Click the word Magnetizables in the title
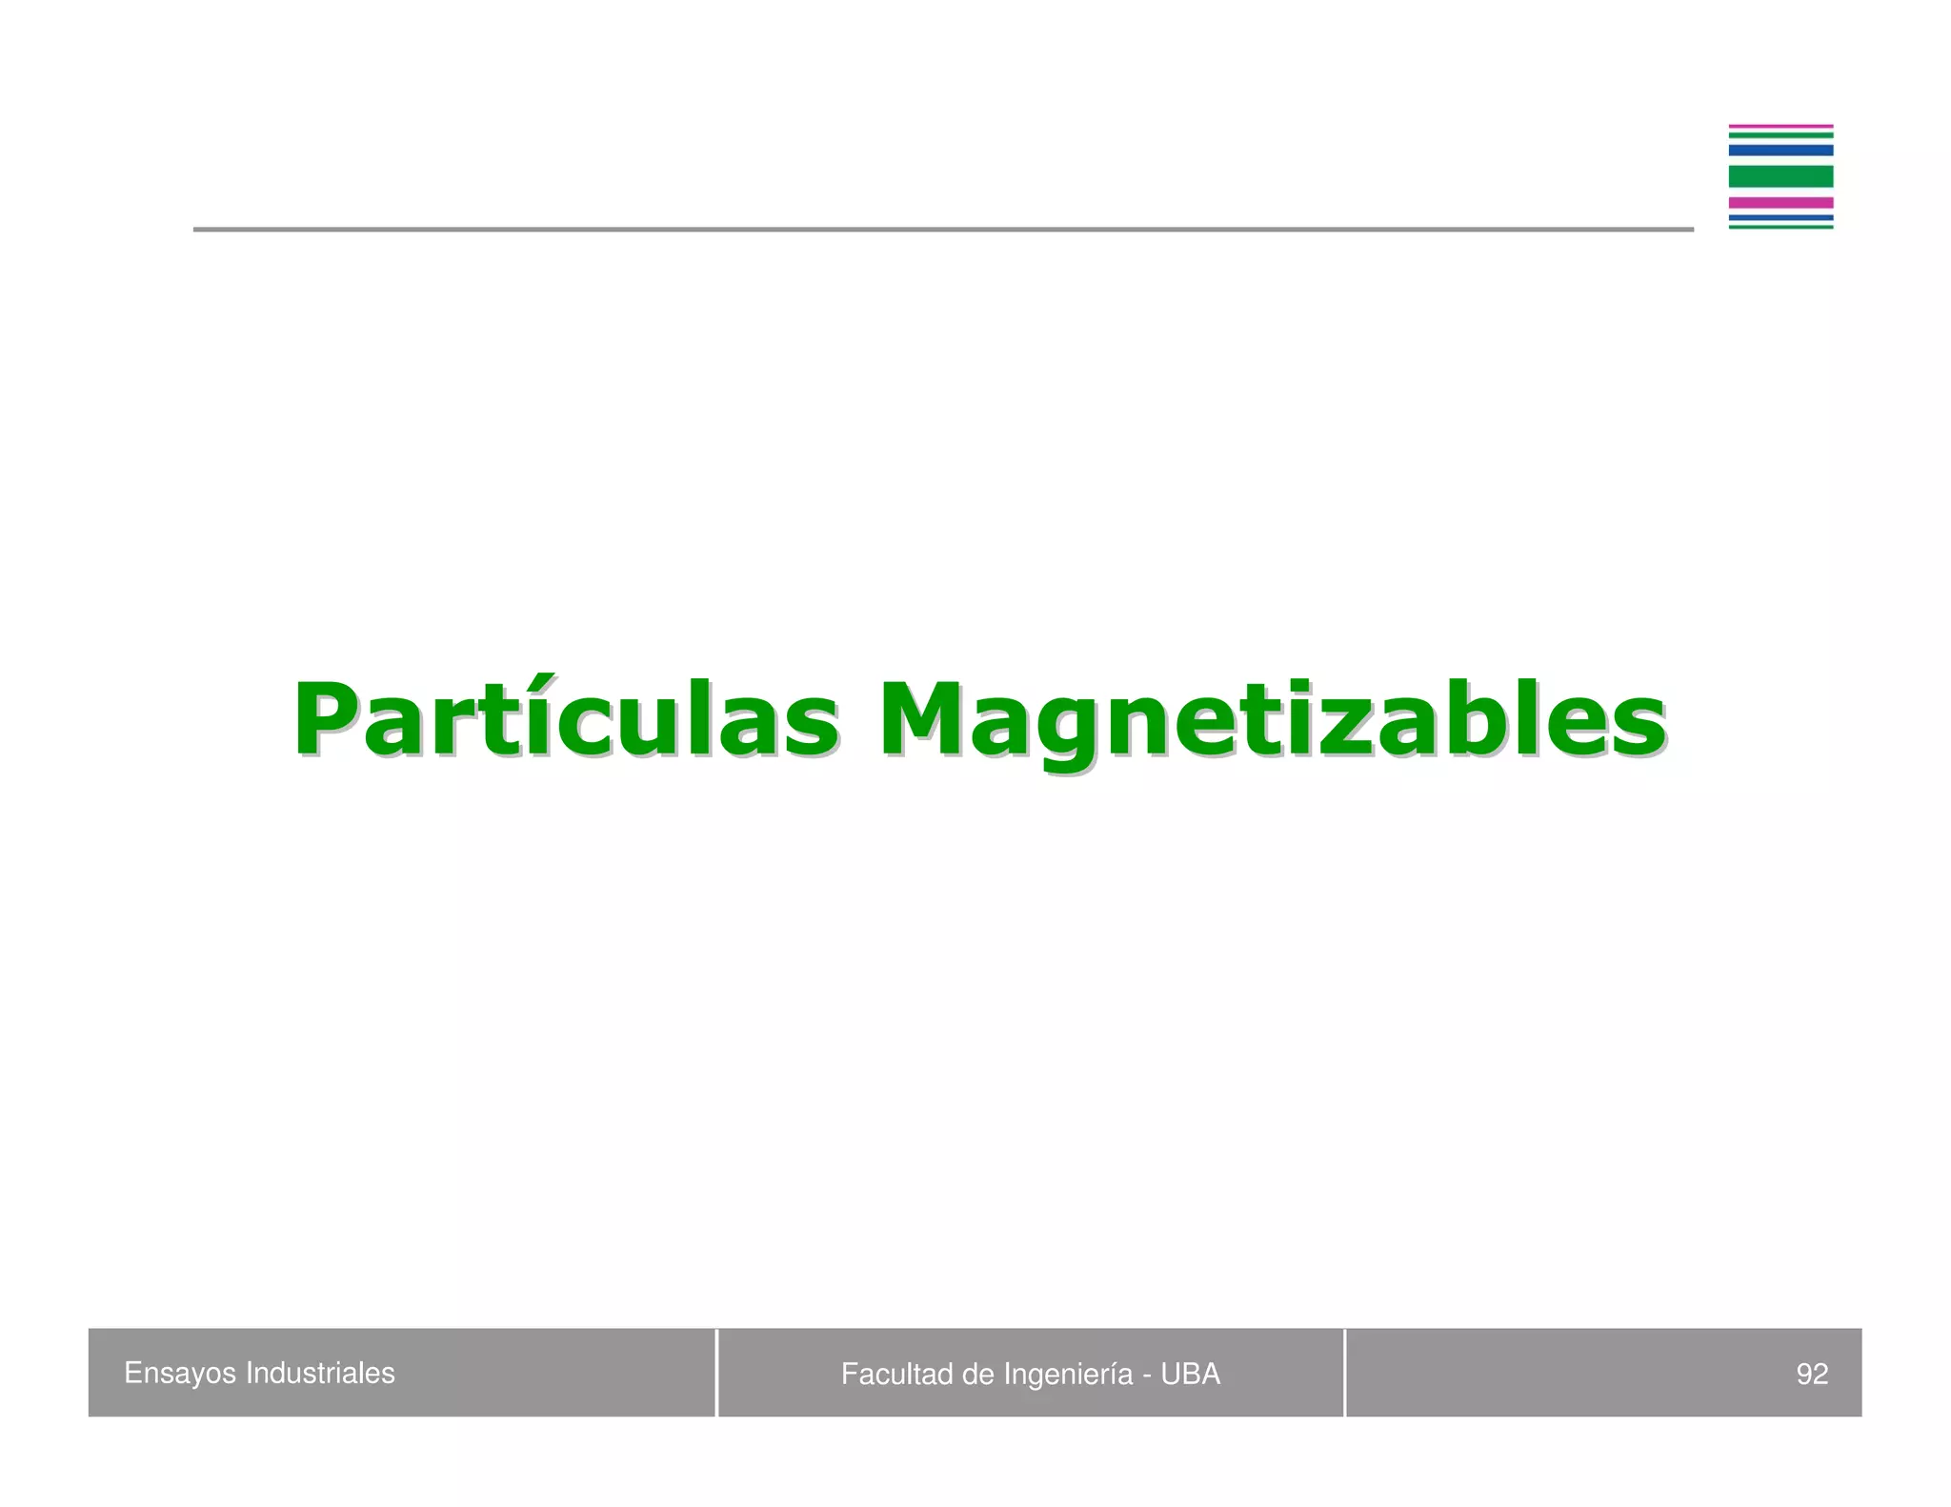1271,721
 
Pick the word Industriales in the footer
320,1373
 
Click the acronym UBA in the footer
1190,1374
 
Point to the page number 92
1812,1374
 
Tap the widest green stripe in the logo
1780,176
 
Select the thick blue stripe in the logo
1780,151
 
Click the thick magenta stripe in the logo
1780,202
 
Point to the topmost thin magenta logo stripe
1780,126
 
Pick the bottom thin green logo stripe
1780,227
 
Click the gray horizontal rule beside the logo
943,230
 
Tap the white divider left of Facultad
716,1373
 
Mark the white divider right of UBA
1344,1373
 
